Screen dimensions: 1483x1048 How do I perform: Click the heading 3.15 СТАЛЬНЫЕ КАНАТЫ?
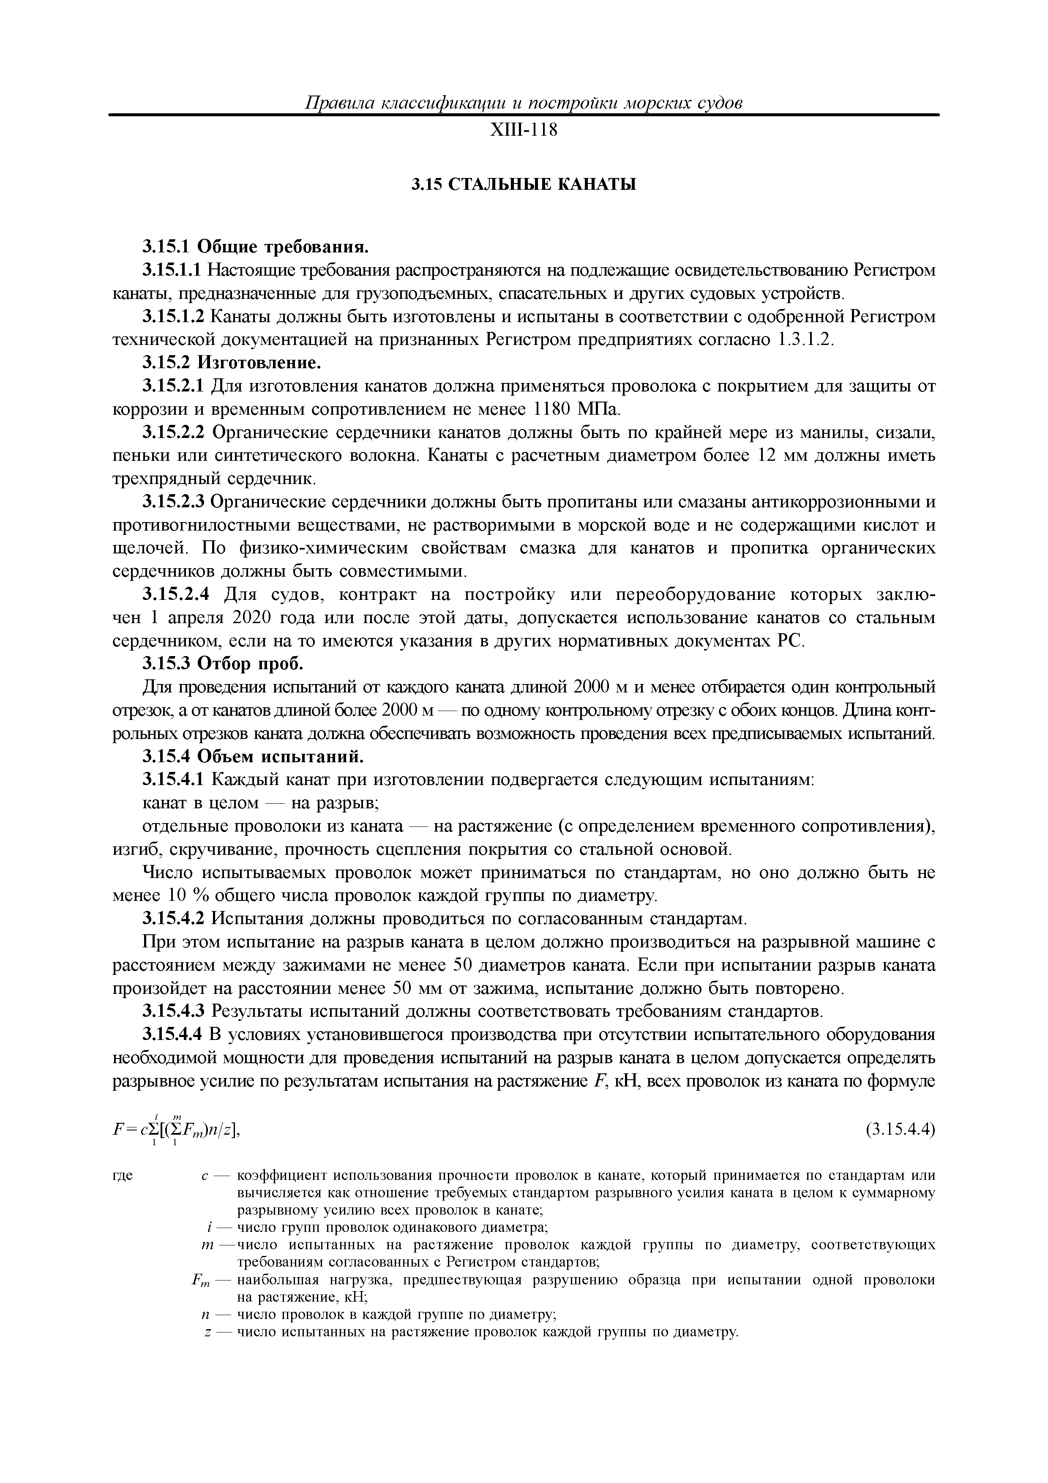(x=524, y=185)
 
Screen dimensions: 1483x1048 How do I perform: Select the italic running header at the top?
(x=523, y=103)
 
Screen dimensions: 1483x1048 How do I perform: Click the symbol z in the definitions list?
(x=206, y=1332)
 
